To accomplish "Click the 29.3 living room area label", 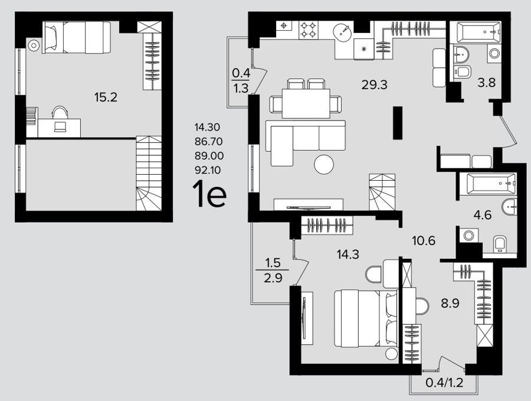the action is (x=374, y=84).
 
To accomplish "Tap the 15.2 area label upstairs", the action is (x=106, y=97).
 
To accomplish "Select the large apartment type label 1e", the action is (x=209, y=194).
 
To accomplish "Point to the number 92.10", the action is (x=208, y=170).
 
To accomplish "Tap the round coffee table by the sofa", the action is (x=324, y=164).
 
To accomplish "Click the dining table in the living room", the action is (x=306, y=103).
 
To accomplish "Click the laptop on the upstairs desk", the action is (x=61, y=126).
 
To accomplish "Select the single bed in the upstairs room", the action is (x=77, y=37).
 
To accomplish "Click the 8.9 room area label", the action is (x=450, y=303).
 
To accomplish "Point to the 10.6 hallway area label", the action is (x=424, y=241).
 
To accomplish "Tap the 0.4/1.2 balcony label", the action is (x=444, y=383).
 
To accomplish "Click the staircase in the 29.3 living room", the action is (x=382, y=192).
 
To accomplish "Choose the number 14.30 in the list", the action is (x=207, y=127).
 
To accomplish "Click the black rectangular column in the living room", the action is (x=398, y=123).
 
